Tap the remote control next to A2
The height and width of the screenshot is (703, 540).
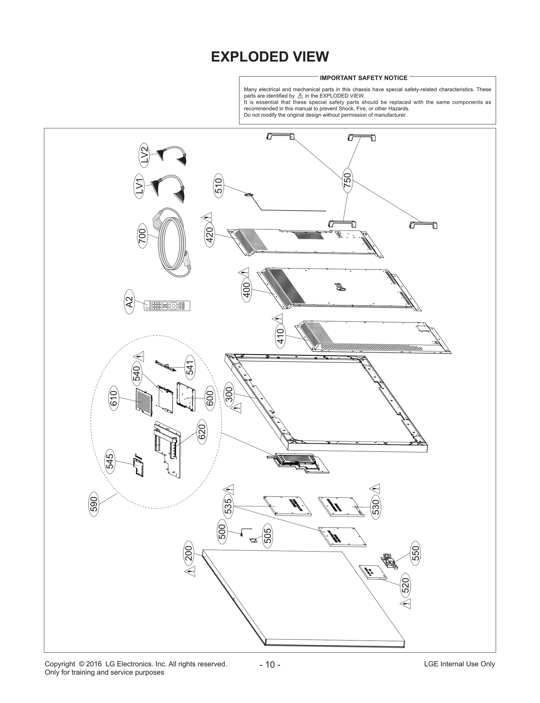point(167,306)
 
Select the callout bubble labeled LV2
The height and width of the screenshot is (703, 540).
point(144,156)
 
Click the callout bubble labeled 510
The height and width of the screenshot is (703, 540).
point(219,186)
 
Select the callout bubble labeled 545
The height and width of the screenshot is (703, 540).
point(110,461)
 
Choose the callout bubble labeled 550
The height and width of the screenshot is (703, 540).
point(415,553)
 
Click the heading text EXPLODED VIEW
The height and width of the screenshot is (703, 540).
point(270,57)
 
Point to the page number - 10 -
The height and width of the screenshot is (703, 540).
point(270,665)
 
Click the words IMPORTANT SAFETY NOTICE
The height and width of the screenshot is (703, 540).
point(363,78)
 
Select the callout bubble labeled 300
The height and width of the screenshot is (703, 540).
point(229,394)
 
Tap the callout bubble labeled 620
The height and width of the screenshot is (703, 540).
point(201,432)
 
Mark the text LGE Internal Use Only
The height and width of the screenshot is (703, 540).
point(459,664)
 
